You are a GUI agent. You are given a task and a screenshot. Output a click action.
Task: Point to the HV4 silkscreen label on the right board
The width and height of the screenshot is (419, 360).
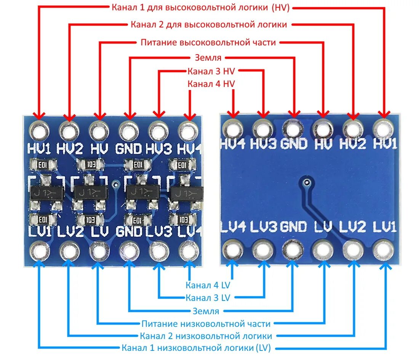pos(232,144)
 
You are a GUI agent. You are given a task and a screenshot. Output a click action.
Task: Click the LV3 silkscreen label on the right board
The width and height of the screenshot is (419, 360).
pos(263,227)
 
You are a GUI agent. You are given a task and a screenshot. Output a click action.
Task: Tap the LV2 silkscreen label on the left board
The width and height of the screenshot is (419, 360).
pos(71,231)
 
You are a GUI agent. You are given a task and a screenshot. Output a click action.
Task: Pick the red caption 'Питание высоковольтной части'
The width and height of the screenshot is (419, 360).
pos(208,42)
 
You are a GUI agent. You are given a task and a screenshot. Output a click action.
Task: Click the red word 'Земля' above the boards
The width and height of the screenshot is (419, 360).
pos(208,58)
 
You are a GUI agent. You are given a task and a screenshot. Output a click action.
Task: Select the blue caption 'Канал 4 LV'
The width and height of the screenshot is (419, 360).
pos(208,285)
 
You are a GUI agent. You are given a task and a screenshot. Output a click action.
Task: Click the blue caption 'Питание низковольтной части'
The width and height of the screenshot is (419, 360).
pos(206,324)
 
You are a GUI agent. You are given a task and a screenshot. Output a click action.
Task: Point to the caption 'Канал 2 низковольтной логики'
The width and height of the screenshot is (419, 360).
pos(206,336)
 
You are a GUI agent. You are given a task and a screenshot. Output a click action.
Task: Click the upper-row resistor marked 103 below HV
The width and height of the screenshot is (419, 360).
pos(90,165)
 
